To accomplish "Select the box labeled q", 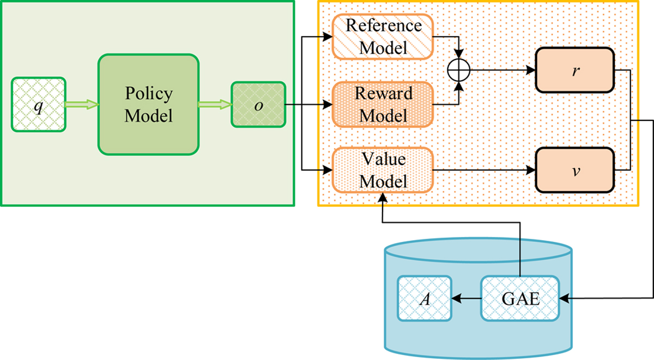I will point(39,105).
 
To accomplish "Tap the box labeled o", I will point(258,104).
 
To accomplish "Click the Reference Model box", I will point(384,36).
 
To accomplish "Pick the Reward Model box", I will point(384,104).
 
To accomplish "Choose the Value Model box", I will point(384,170).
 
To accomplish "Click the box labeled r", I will point(575,71).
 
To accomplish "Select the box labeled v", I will point(575,169).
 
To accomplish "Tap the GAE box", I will point(519,298).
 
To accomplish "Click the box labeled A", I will point(425,298).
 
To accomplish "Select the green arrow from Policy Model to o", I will point(214,105).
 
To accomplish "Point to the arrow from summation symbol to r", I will point(501,71).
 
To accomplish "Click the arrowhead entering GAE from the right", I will point(565,298).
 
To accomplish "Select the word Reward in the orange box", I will point(384,94).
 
